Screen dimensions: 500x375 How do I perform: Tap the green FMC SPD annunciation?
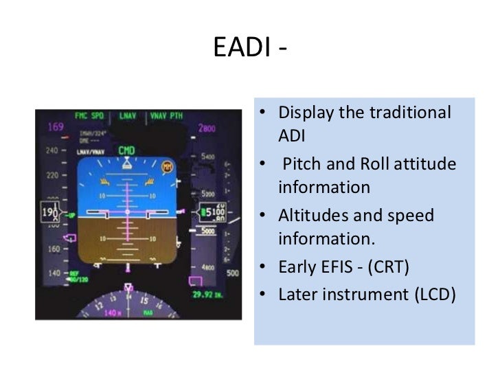(90, 115)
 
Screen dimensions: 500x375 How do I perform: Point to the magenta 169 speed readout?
(55, 127)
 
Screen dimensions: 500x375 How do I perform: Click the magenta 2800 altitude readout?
(207, 128)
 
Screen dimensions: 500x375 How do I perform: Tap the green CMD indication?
(126, 150)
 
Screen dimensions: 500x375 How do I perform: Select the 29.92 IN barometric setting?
(206, 295)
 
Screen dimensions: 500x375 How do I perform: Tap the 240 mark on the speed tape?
(52, 150)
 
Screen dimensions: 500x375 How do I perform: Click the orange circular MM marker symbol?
(167, 167)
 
